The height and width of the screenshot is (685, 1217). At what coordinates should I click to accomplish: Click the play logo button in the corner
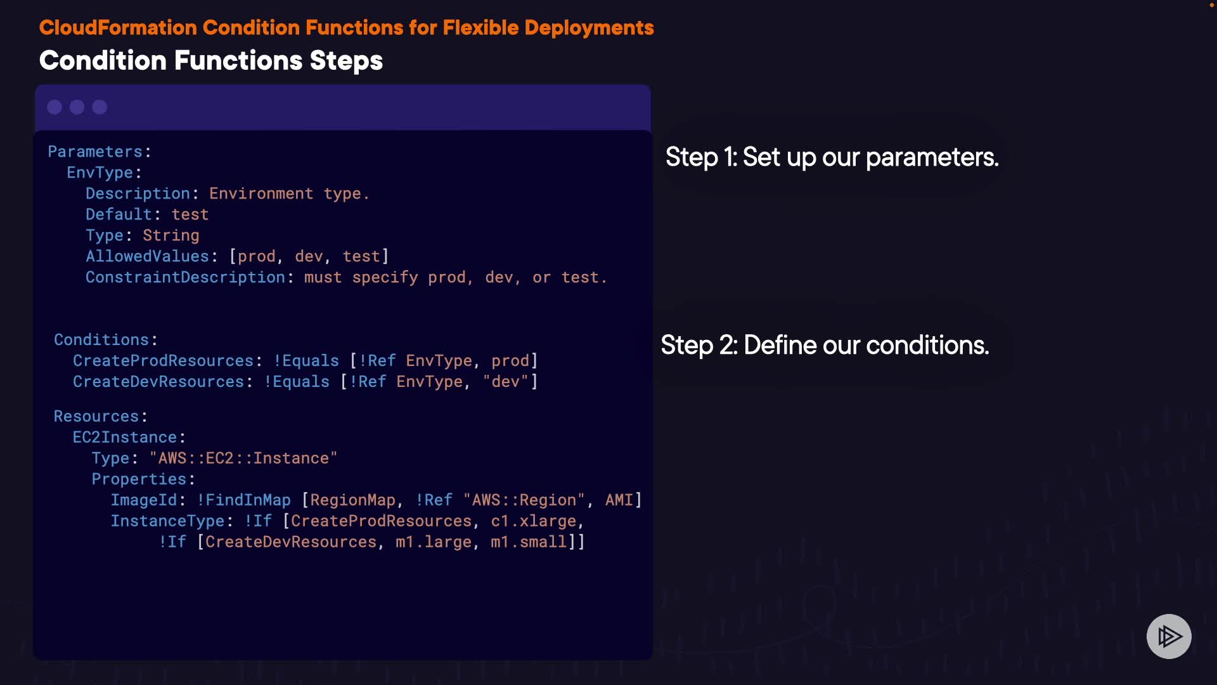point(1169,636)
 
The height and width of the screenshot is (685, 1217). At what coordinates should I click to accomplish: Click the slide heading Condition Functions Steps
point(211,61)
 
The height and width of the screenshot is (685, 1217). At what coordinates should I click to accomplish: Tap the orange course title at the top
point(346,27)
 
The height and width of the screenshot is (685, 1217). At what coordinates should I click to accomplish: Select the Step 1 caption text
point(832,157)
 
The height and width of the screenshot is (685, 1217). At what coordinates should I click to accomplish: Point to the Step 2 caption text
point(825,345)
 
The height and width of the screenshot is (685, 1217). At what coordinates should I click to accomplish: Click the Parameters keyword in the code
point(95,152)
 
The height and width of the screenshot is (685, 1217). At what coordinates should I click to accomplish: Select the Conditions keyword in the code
point(101,340)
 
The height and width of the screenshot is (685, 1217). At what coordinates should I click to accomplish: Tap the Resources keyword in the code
point(96,417)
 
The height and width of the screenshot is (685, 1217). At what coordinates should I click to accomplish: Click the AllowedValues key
point(147,256)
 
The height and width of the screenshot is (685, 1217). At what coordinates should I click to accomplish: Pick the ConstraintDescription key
point(185,277)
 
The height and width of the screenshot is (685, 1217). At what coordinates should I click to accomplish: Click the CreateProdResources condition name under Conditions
point(163,361)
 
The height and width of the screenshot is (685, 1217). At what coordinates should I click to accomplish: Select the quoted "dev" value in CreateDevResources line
point(506,382)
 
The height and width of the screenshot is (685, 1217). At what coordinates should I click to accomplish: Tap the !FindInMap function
point(244,500)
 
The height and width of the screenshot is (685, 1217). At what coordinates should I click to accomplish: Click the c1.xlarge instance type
point(534,521)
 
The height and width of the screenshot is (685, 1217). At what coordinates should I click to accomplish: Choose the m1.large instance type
point(434,542)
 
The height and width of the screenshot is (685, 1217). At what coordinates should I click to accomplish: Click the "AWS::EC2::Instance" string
point(243,459)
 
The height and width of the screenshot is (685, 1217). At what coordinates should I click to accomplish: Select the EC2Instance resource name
point(125,438)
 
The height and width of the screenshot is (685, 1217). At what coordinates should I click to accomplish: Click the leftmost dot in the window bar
point(55,107)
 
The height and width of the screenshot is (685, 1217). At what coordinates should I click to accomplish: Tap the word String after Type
point(171,236)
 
